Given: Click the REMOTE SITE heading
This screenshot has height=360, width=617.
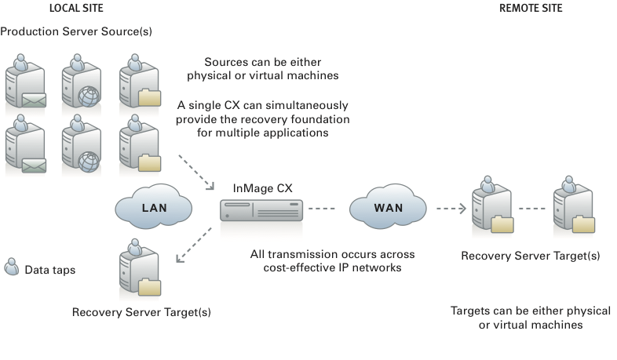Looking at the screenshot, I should point(531,8).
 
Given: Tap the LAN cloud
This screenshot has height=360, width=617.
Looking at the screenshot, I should point(154,209).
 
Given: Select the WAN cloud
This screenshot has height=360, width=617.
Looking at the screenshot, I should point(390,209).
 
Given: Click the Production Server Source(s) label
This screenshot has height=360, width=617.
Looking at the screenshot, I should point(76,31).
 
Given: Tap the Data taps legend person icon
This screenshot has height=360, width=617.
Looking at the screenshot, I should point(12,267).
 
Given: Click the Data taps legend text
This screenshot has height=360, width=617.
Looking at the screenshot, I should point(51,269).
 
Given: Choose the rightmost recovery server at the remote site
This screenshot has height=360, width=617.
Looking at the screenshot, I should point(571,205).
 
